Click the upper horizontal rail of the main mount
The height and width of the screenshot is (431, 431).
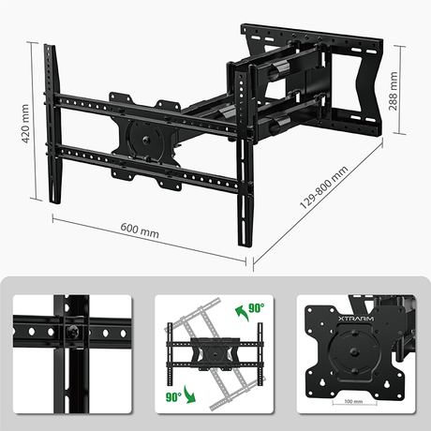click(150, 108)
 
